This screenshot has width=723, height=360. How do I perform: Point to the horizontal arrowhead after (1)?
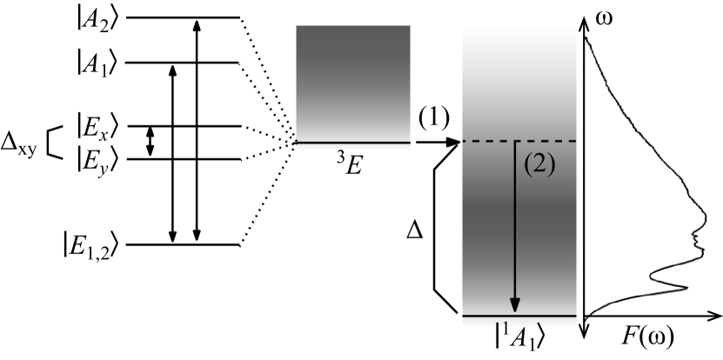(452, 142)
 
